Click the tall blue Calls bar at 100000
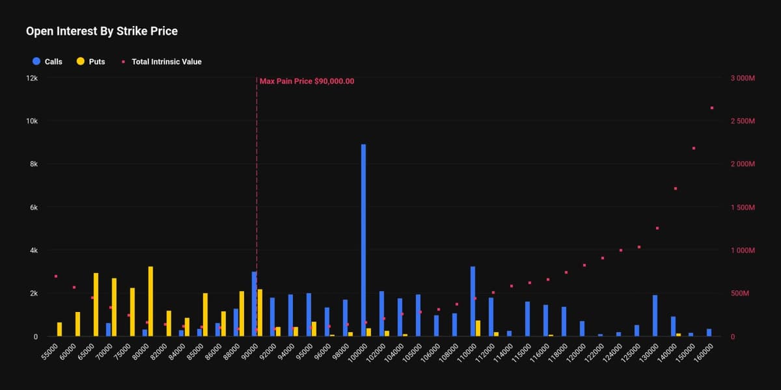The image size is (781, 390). (x=364, y=240)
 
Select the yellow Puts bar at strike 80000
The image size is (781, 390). (x=150, y=302)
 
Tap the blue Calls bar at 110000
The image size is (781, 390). (x=473, y=302)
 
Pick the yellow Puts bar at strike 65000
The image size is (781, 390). (x=96, y=305)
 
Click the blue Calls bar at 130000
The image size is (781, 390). (x=655, y=316)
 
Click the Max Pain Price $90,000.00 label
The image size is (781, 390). (x=307, y=81)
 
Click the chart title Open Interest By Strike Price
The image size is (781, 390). (x=102, y=31)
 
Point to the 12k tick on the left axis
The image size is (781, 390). (x=32, y=78)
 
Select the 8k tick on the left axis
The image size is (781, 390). (x=34, y=164)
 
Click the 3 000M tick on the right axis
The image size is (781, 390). (x=742, y=78)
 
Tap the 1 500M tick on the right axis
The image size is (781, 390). (x=742, y=207)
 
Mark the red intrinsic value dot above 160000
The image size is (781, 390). (x=712, y=108)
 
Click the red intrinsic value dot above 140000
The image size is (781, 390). (x=676, y=188)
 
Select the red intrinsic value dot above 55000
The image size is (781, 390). (x=56, y=276)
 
